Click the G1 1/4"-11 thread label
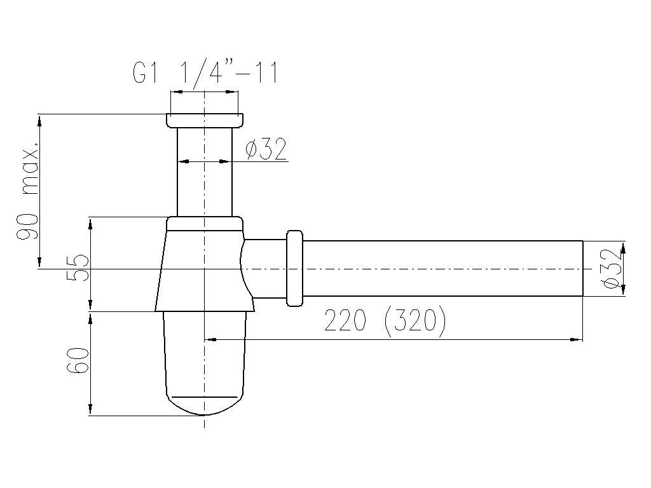[205, 72]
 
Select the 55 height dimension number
[79, 268]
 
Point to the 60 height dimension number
[79, 360]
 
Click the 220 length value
[345, 320]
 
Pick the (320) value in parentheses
[416, 321]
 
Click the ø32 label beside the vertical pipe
[266, 149]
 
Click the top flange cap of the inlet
[205, 120]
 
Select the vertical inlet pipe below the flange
[205, 172]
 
